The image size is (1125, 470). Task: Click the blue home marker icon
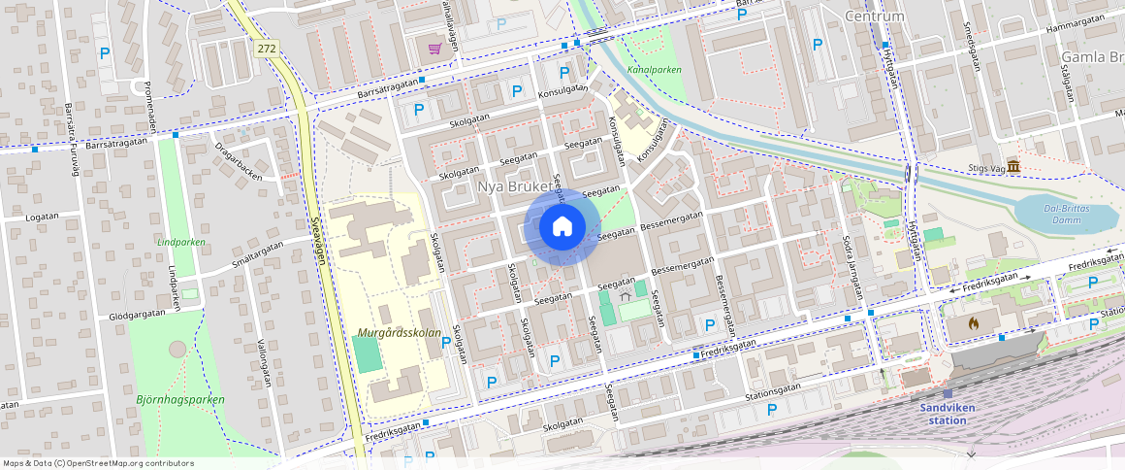562,227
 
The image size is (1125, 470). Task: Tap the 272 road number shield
268,47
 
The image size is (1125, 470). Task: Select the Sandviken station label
948,414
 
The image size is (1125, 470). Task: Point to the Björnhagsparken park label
179,399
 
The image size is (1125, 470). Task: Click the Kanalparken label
654,70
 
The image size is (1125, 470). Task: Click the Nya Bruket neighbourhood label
515,185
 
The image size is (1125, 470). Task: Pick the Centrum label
874,17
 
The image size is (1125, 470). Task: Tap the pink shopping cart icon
435,48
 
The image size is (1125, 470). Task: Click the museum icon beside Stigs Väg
1013,168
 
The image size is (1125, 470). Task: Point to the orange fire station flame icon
974,323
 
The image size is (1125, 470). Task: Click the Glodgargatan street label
140,316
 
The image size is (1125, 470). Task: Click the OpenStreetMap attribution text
98,463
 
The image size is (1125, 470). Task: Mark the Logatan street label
42,218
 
